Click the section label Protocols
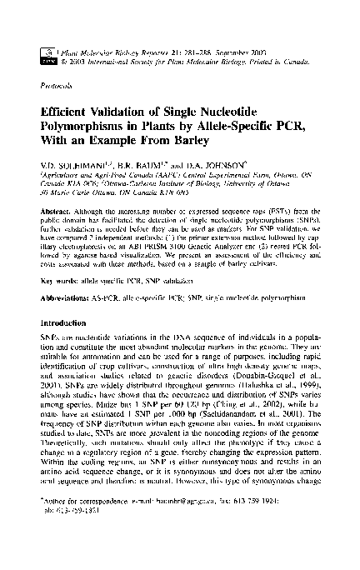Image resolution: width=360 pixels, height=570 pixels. point(54,85)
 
